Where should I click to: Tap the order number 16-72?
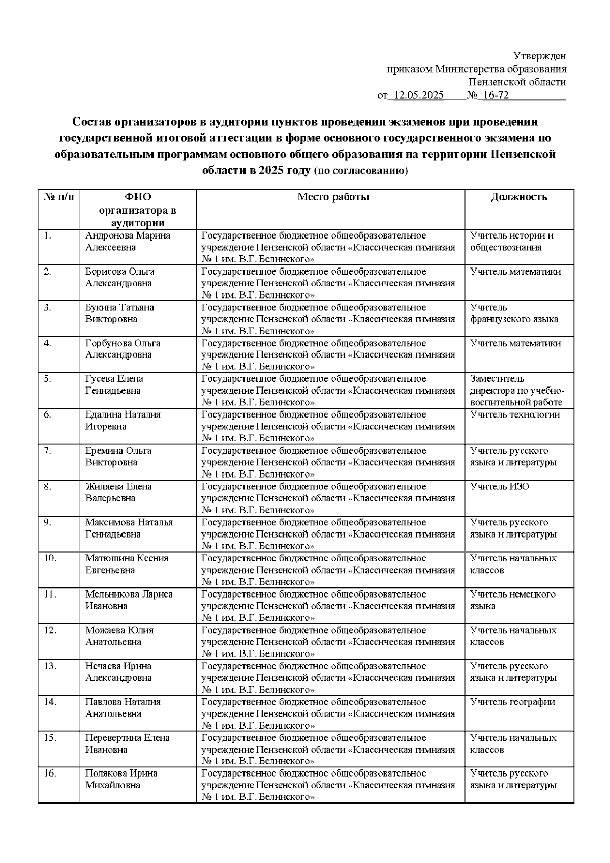495,96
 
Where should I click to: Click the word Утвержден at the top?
539,56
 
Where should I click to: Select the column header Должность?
518,197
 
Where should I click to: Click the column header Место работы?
333,197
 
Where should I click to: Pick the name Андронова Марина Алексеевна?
127,242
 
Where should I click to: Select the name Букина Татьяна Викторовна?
119,313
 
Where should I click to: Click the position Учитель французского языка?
514,313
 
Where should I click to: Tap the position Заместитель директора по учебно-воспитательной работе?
517,391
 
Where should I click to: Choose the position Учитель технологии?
515,415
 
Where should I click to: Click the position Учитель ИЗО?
500,487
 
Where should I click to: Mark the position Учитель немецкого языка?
512,600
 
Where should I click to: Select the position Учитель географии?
512,702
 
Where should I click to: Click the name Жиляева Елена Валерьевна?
118,492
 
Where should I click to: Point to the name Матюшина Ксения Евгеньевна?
127,564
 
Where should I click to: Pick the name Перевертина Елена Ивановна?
127,743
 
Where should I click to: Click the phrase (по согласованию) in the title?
360,171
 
